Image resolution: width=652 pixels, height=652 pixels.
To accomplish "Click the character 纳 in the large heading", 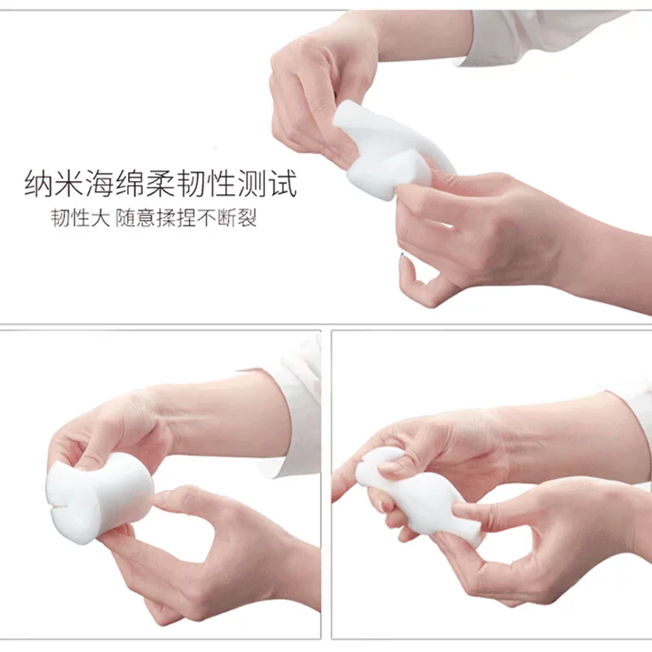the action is point(39,183).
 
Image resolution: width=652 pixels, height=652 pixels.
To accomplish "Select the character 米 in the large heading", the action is point(69,183).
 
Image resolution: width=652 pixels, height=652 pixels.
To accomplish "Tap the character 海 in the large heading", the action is point(99,183).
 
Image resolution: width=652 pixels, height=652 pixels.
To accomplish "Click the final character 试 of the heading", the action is point(282,183).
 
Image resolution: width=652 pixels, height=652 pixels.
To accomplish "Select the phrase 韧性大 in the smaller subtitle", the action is point(80,218).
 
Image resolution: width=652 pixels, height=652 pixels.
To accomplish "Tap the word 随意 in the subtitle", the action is point(135,218).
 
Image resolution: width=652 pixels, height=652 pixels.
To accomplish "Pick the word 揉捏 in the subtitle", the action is point(174,218).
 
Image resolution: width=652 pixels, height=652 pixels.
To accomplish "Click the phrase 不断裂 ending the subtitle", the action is point(227,218).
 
